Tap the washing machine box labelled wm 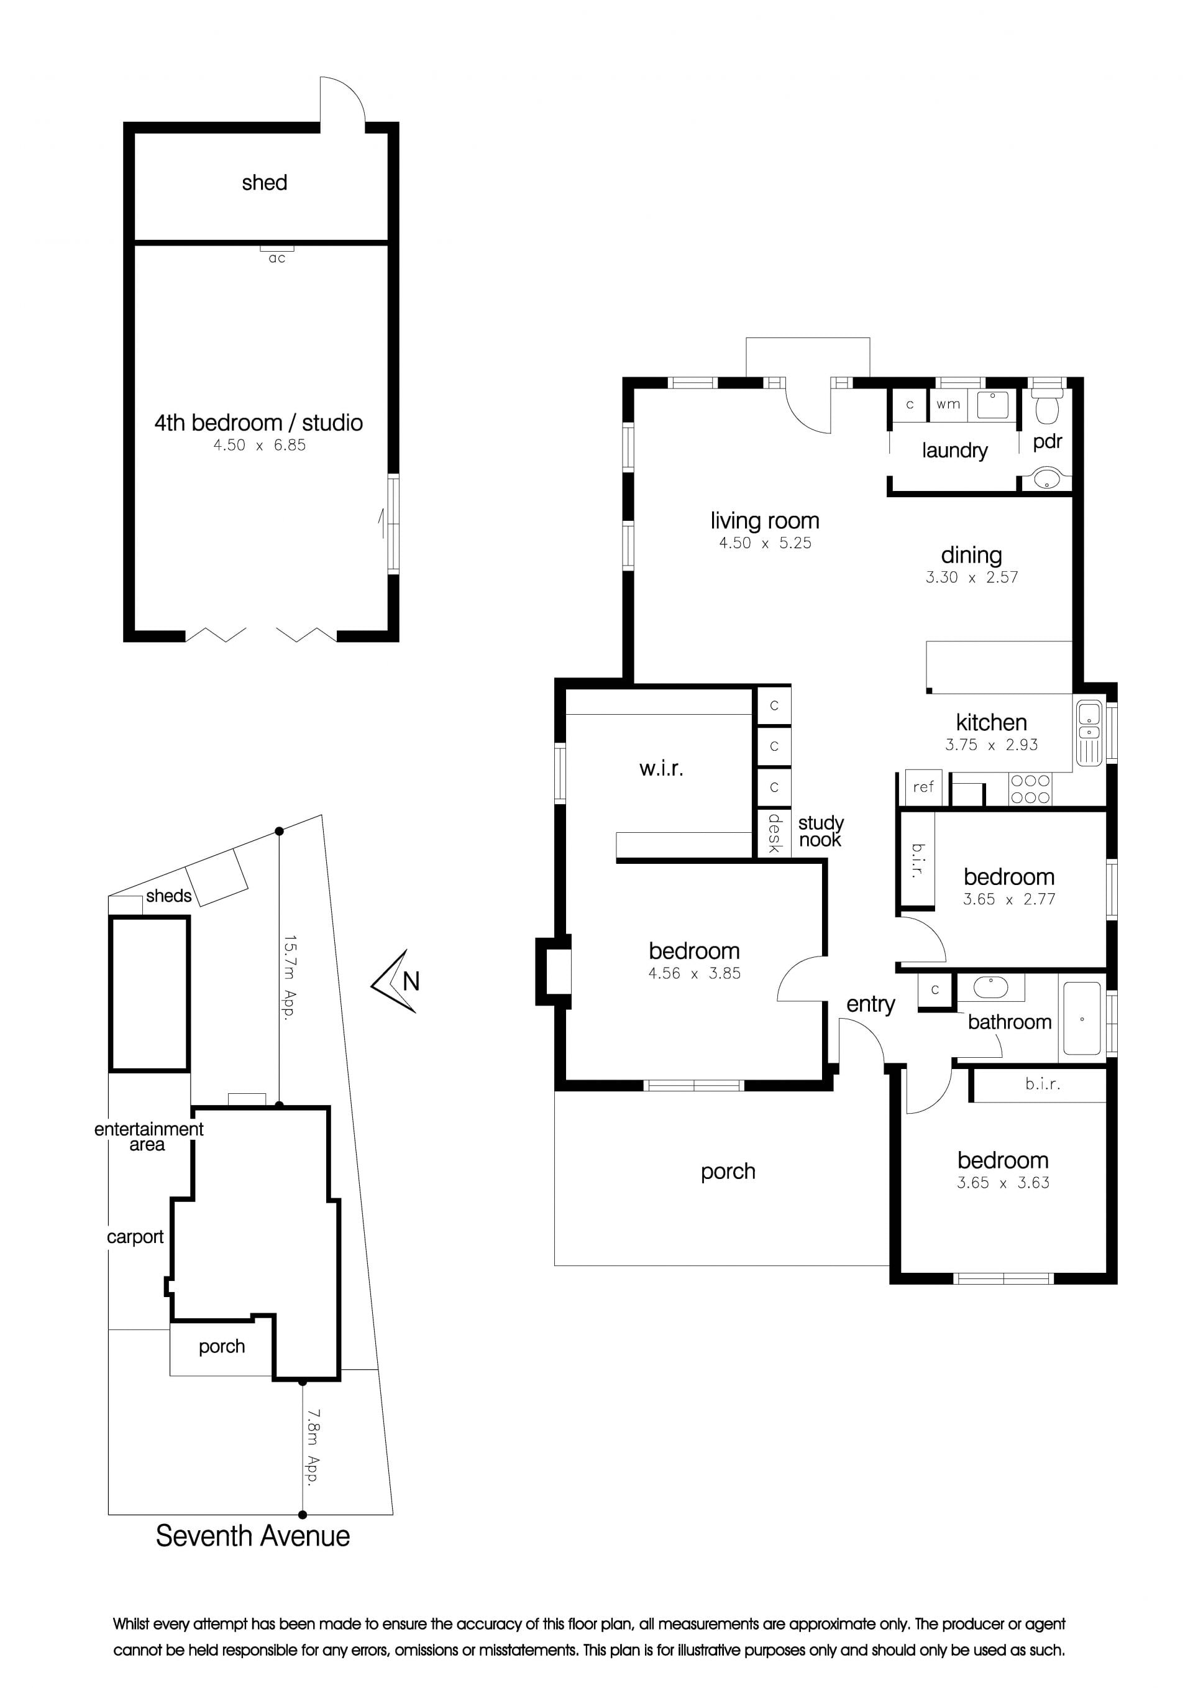click(948, 405)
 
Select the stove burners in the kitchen click(1030, 789)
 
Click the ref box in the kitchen click(923, 787)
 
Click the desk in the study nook click(774, 833)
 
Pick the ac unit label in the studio click(277, 258)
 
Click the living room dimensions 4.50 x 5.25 click(765, 543)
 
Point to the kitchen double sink click(1089, 733)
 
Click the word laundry click(955, 450)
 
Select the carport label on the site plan click(135, 1237)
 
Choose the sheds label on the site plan click(168, 896)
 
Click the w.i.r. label click(661, 768)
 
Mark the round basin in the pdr click(1046, 479)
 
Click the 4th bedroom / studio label click(258, 423)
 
